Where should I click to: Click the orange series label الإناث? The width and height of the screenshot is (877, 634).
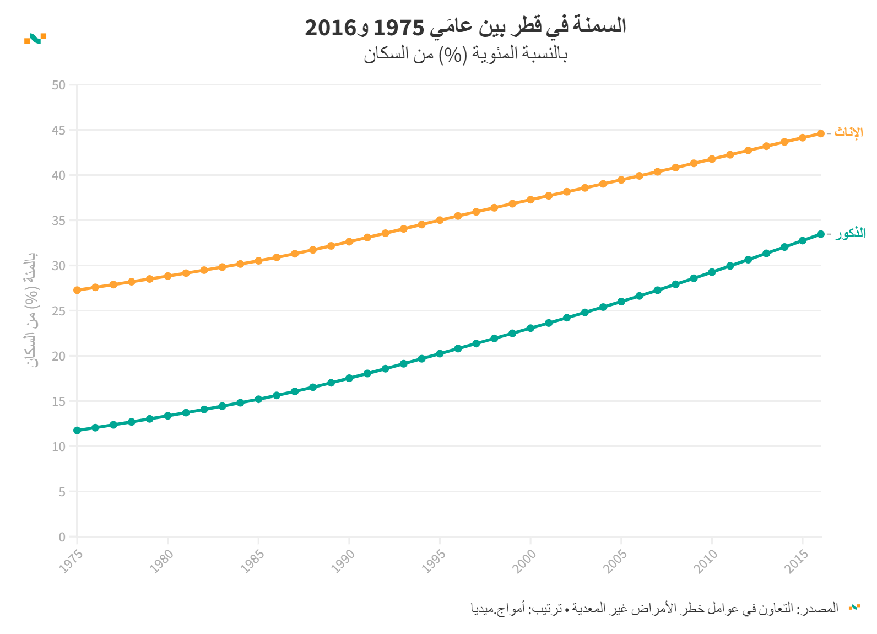point(848,132)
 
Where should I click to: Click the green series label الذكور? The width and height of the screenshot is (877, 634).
point(850,233)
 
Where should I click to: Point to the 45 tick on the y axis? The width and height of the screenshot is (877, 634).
point(58,131)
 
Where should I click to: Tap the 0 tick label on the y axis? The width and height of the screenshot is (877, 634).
point(62,537)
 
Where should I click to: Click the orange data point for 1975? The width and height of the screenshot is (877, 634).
point(77,290)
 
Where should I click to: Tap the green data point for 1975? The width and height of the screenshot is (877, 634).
point(77,430)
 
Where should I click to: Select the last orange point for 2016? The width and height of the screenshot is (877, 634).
point(820,133)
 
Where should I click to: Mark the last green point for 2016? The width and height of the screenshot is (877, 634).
point(820,234)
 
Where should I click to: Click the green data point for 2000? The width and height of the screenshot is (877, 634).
point(530,328)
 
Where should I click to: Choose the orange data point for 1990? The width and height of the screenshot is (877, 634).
point(349,241)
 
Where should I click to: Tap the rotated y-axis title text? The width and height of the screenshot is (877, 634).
point(33,310)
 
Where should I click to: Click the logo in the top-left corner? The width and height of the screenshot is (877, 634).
point(35,38)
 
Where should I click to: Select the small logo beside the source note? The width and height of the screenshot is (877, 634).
point(854,608)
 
